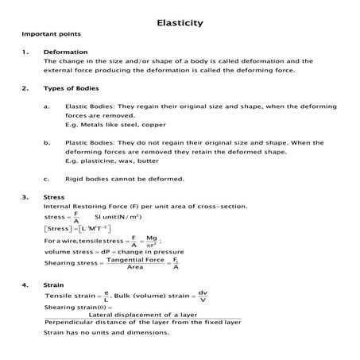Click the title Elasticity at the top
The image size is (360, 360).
click(180, 22)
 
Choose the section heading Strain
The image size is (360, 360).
click(54, 284)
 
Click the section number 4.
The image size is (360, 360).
click(25, 284)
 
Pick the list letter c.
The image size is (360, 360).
click(48, 178)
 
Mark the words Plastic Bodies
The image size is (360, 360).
click(87, 142)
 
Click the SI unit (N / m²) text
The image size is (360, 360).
click(118, 216)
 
